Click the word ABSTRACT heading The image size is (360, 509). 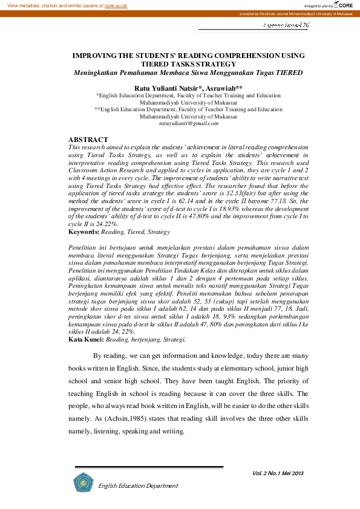pyautogui.click(x=88, y=140)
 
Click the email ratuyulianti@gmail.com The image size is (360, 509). pyautogui.click(x=188, y=124)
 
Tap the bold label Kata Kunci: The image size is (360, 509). pyautogui.click(x=86, y=339)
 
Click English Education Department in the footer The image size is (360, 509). pyautogui.click(x=138, y=485)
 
